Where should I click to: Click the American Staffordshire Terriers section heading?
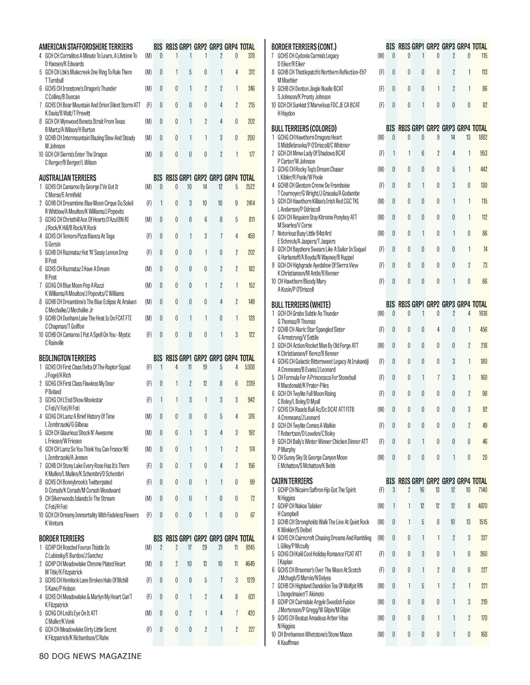pos(86,47)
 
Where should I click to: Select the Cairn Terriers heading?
pos(292,481)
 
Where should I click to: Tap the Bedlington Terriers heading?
pos(67,358)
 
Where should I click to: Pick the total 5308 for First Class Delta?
pos(250,367)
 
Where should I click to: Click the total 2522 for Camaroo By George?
pos(250,187)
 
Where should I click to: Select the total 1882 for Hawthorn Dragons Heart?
pos(483,137)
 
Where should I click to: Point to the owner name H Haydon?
pos(286,113)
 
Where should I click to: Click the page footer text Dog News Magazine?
pos(90,656)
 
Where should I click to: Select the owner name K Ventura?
pos(54,523)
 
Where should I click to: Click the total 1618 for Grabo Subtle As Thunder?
pos(483,313)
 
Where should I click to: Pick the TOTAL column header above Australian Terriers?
pos(247,178)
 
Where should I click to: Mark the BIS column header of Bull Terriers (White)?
pos(390,304)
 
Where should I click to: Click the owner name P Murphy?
pos(286,449)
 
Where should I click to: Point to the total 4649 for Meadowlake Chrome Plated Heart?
pos(250,564)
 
